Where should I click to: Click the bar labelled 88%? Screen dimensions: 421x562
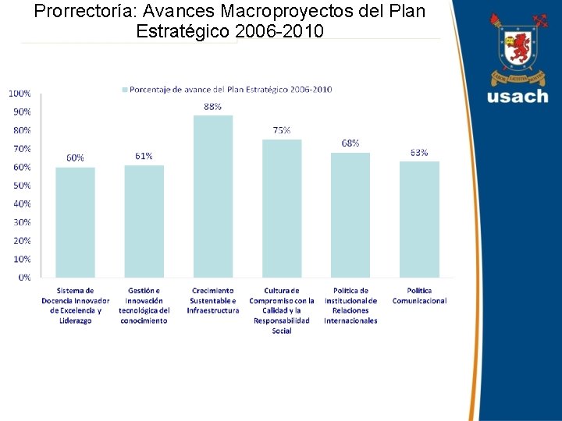(x=213, y=196)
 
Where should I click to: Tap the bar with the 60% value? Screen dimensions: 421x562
(x=75, y=222)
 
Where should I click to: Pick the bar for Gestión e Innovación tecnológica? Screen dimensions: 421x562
(x=144, y=221)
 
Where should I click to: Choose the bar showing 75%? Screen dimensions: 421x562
(x=282, y=208)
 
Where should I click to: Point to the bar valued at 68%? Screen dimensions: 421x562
(x=350, y=214)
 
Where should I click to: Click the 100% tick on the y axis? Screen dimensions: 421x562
(x=20, y=93)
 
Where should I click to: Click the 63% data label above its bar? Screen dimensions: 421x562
(x=419, y=153)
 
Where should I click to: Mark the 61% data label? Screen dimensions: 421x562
(x=144, y=156)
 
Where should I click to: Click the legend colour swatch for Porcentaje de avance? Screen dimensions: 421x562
(x=124, y=90)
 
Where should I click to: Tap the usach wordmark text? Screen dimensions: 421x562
(x=518, y=97)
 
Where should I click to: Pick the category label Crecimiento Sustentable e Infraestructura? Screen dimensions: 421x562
(x=212, y=300)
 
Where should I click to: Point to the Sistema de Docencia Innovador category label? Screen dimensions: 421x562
(x=75, y=305)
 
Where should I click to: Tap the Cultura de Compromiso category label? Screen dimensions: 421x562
(x=282, y=310)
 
